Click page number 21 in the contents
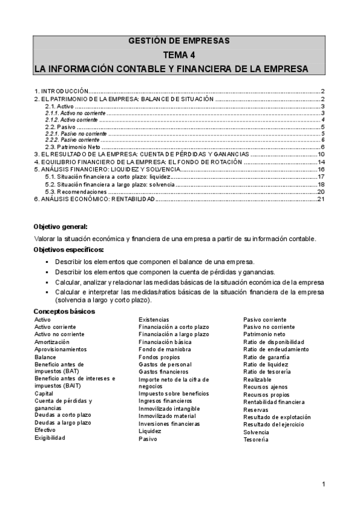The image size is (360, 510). coord(321,200)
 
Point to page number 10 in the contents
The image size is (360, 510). coord(321,155)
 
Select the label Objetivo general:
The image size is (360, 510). coord(61,227)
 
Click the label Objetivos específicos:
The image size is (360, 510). coord(69,250)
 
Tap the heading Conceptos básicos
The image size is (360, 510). coord(64,311)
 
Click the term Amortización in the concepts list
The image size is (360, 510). coord(52,342)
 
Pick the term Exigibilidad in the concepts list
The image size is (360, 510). coord(50,438)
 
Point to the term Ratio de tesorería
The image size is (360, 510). coord(267,372)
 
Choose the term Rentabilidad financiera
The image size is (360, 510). coord(273,402)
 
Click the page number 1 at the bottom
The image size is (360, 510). coord(323,485)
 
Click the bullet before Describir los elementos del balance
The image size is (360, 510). coord(46,262)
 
